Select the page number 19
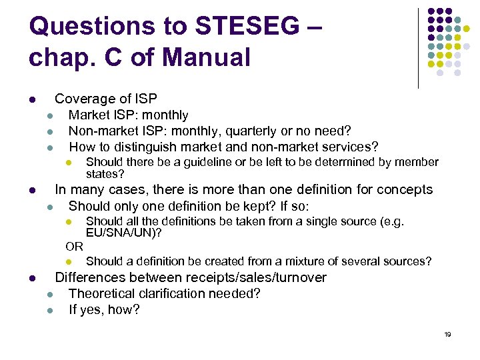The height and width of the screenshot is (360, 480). click(447, 334)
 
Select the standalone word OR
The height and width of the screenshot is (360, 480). click(74, 247)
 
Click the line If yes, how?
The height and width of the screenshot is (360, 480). click(104, 309)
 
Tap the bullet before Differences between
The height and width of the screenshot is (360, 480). click(32, 278)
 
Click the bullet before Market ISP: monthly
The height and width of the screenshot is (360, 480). click(49, 116)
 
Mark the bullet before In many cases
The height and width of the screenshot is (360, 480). click(32, 190)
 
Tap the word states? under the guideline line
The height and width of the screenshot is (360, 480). click(105, 174)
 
